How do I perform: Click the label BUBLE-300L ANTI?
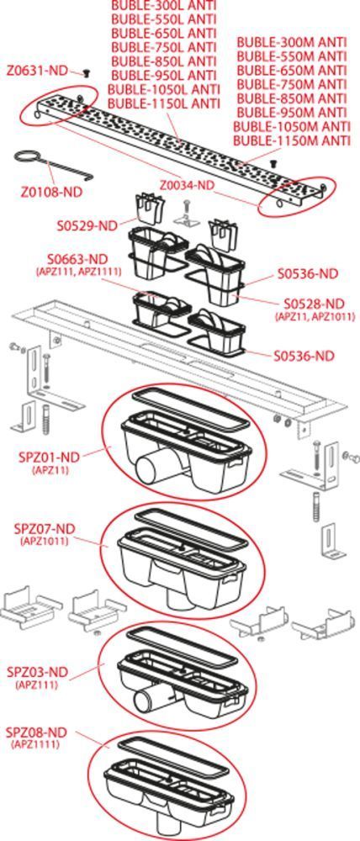[164, 5]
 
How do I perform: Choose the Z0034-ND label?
[187, 185]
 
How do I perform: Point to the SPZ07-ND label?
[44, 529]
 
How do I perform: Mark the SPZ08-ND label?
[36, 733]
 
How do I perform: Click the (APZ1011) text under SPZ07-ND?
[45, 541]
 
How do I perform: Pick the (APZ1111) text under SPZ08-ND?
[35, 744]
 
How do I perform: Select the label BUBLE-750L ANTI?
[164, 47]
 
